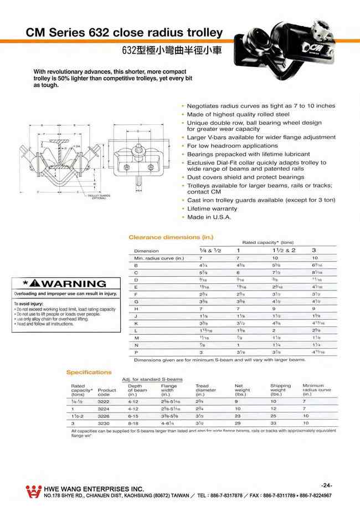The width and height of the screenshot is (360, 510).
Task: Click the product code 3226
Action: pos(104,415)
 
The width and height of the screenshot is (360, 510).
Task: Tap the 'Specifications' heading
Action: pos(89,373)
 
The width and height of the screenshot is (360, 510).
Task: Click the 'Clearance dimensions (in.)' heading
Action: pos(163,237)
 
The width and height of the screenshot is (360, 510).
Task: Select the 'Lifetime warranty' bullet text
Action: pos(212,208)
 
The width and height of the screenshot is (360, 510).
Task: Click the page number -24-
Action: pos(326,485)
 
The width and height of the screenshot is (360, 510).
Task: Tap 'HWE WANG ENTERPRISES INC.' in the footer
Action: pos(94,488)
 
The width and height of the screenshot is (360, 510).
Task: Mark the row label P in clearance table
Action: pos(136,352)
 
